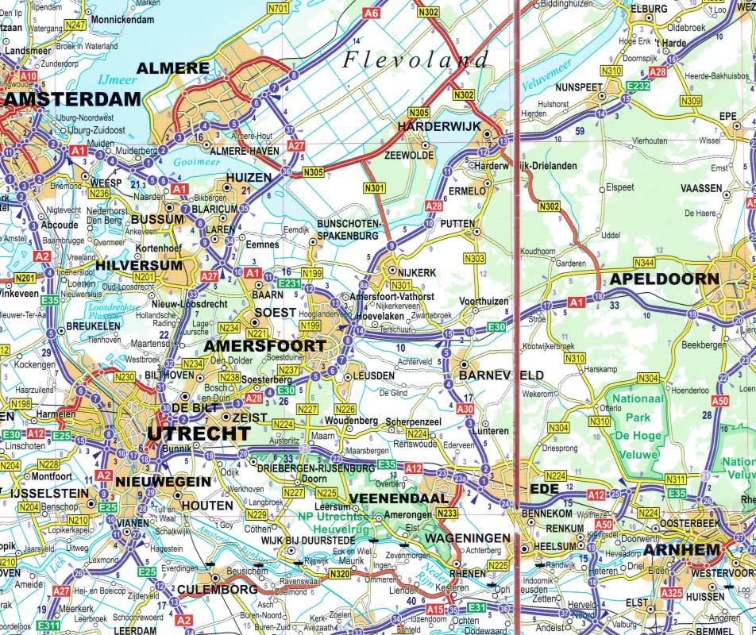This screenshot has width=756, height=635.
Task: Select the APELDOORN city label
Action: [x=664, y=279]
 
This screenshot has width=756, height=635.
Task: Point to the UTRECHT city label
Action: [x=199, y=433]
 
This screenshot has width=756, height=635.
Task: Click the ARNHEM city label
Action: [x=682, y=550]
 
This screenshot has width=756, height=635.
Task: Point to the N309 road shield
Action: [x=692, y=100]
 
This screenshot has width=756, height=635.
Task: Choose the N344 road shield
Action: [x=644, y=263]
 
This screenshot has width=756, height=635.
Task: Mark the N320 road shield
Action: [x=339, y=573]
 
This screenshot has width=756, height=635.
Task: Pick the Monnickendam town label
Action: [x=122, y=18]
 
